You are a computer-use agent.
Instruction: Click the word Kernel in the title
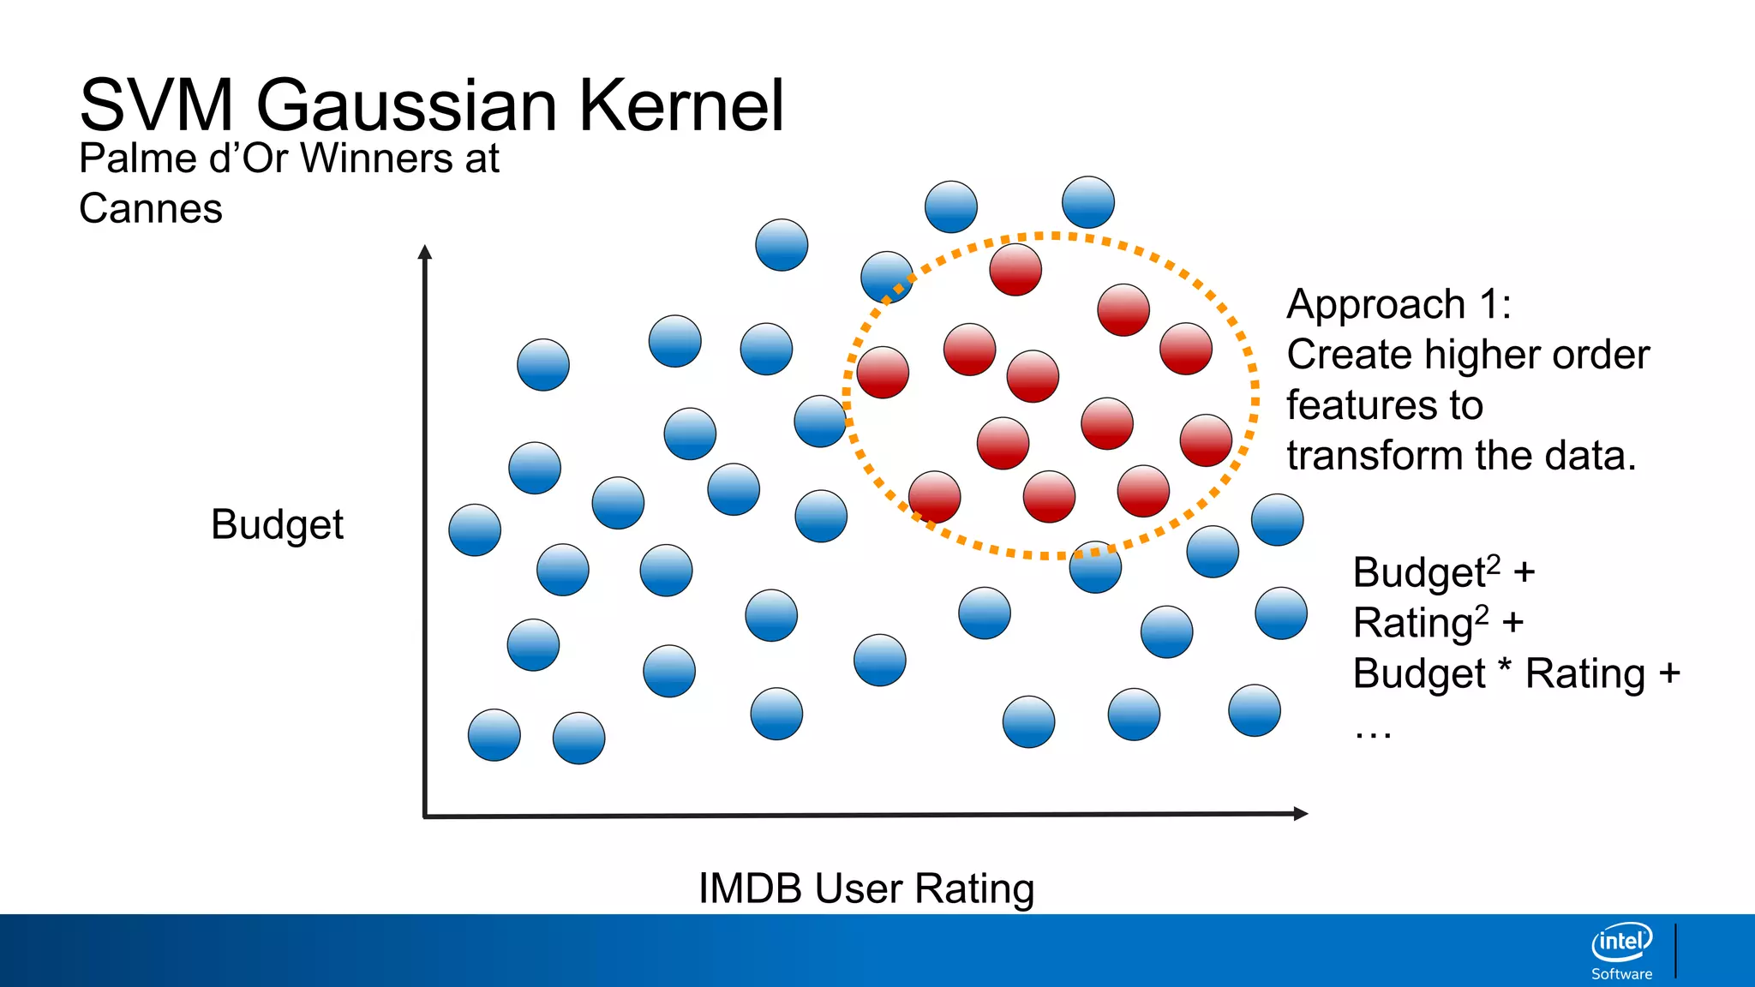[x=681, y=105]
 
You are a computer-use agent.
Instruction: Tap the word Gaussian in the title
[x=407, y=105]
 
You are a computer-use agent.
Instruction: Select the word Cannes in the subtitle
[x=151, y=209]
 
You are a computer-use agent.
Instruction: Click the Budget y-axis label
[x=277, y=524]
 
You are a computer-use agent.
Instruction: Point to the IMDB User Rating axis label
[x=866, y=888]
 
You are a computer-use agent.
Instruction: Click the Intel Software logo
[x=1621, y=950]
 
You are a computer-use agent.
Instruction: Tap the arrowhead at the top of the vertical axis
[x=425, y=252]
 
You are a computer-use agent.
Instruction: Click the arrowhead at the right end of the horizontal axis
[x=1300, y=813]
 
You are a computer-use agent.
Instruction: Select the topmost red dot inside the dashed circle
[x=1015, y=269]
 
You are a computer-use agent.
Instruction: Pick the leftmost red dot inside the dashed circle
[x=883, y=373]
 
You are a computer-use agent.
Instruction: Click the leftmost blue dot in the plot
[x=475, y=529]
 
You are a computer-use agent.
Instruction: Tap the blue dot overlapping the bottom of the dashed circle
[x=1095, y=567]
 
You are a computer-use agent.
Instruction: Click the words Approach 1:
[x=1399, y=305]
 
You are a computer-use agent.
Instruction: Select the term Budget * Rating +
[x=1516, y=673]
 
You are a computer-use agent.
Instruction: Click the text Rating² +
[x=1438, y=623]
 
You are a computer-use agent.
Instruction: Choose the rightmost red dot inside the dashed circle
[x=1206, y=440]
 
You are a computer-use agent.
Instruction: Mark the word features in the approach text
[x=1384, y=405]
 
